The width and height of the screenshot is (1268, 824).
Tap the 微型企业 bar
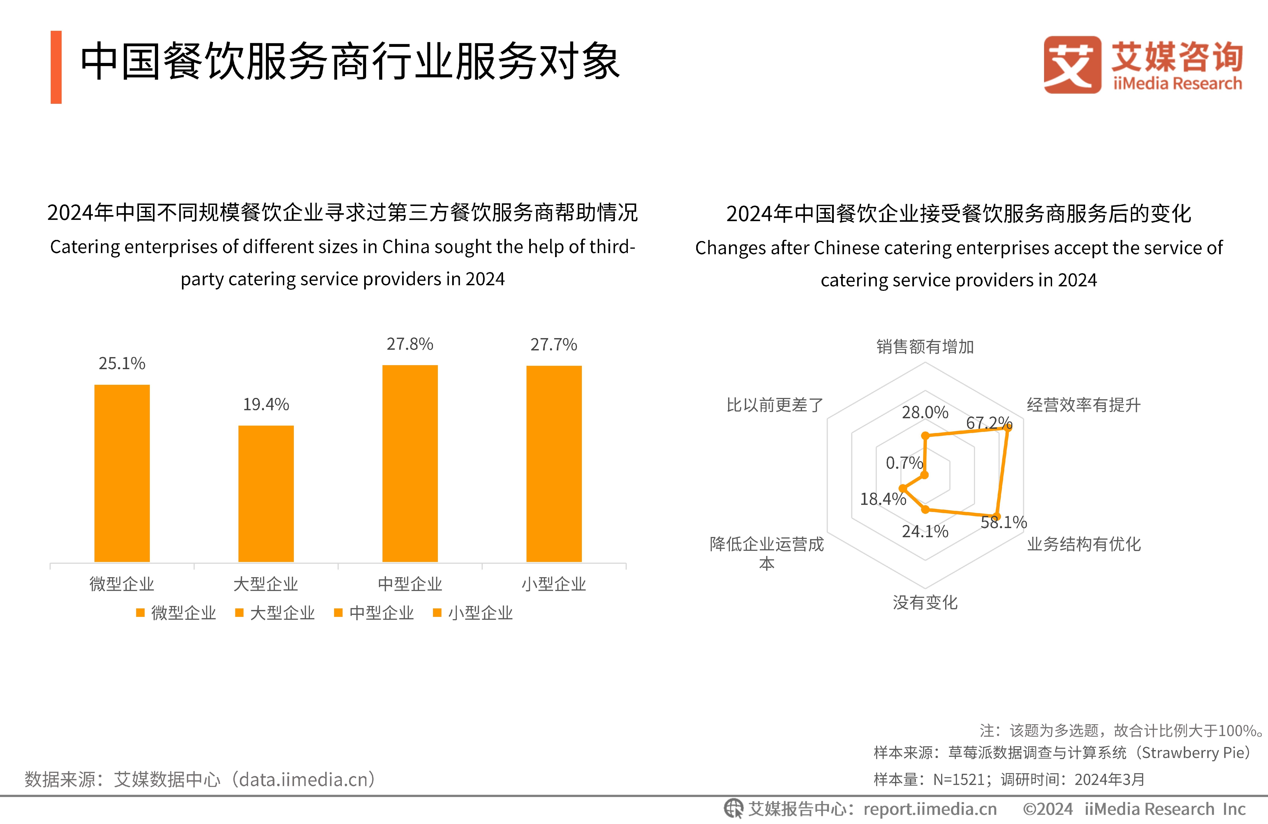[122, 473]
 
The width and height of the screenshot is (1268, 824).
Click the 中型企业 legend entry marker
[338, 613]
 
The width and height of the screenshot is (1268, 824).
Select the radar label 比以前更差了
[775, 405]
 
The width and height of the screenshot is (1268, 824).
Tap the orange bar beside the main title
[56, 67]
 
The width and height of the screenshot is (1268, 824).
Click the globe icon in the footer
[733, 809]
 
